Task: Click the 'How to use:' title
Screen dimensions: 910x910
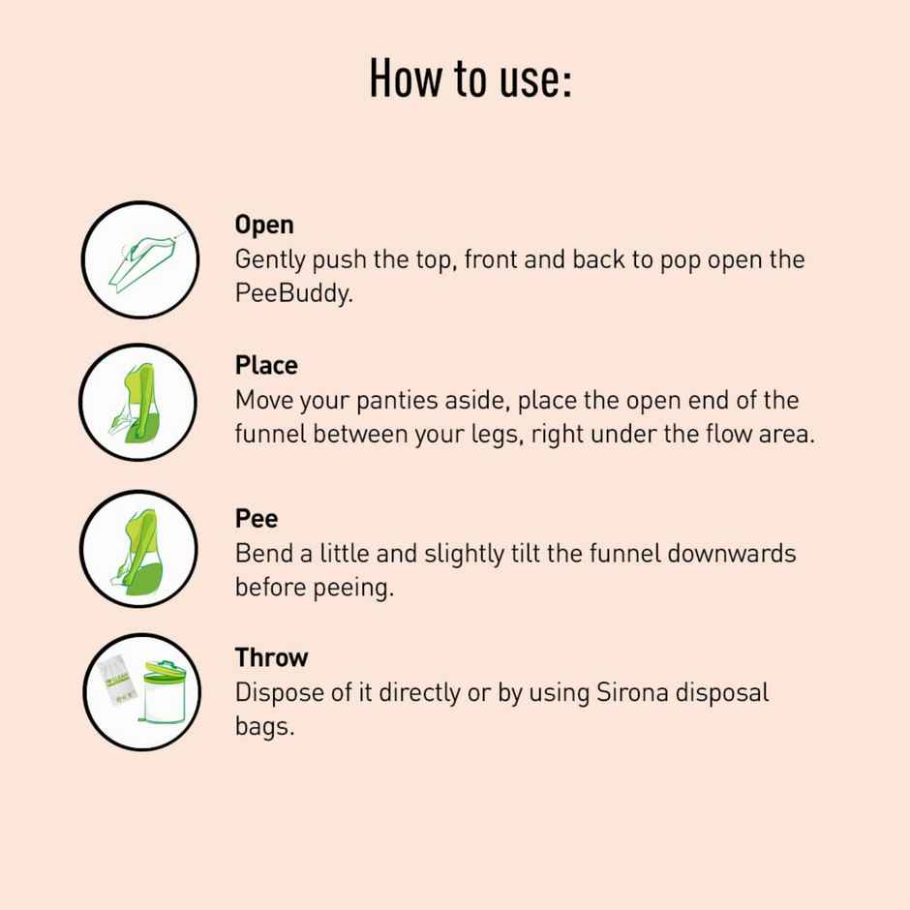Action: point(470,78)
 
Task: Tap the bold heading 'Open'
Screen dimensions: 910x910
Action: point(263,225)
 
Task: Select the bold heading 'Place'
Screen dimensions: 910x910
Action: point(265,366)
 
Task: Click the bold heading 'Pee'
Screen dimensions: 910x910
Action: point(257,519)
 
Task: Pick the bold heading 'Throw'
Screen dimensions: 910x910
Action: point(271,658)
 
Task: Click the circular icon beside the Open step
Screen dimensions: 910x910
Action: point(141,259)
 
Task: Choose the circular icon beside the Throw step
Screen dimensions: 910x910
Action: point(141,692)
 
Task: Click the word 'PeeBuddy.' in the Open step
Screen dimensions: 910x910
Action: point(293,293)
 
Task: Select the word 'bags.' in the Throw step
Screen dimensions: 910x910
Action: point(263,727)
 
